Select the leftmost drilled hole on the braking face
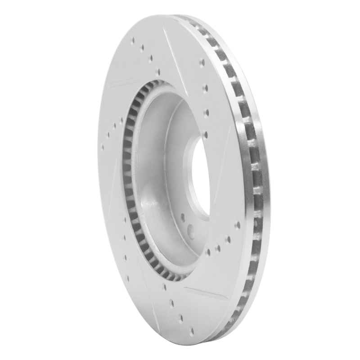[103, 146]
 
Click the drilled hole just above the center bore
[206, 134]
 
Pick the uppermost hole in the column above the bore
[202, 62]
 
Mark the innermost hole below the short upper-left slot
[121, 121]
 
